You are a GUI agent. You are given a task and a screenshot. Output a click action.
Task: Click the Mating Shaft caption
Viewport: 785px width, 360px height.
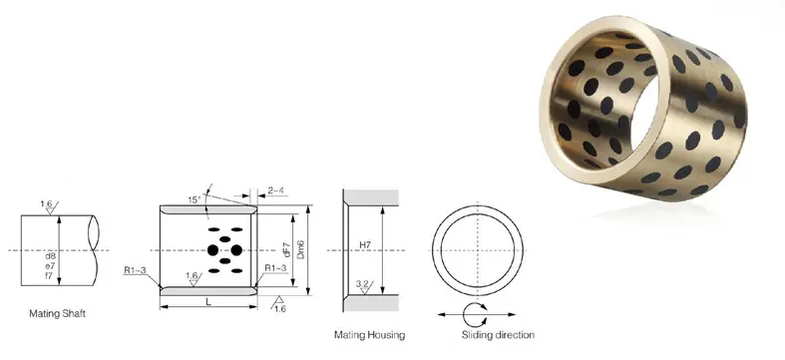click(58, 314)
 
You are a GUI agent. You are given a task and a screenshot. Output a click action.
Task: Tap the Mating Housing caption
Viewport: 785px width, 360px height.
click(369, 334)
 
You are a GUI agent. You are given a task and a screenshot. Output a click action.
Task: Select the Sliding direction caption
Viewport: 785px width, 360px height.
click(498, 334)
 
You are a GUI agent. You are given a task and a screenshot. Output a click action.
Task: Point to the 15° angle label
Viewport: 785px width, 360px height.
click(194, 199)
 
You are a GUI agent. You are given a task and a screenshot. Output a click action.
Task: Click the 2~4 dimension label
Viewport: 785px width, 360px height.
click(276, 190)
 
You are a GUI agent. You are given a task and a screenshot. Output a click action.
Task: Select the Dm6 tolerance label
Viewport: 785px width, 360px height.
click(300, 249)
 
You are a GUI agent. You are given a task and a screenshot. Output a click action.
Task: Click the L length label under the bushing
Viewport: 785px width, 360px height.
click(208, 301)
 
